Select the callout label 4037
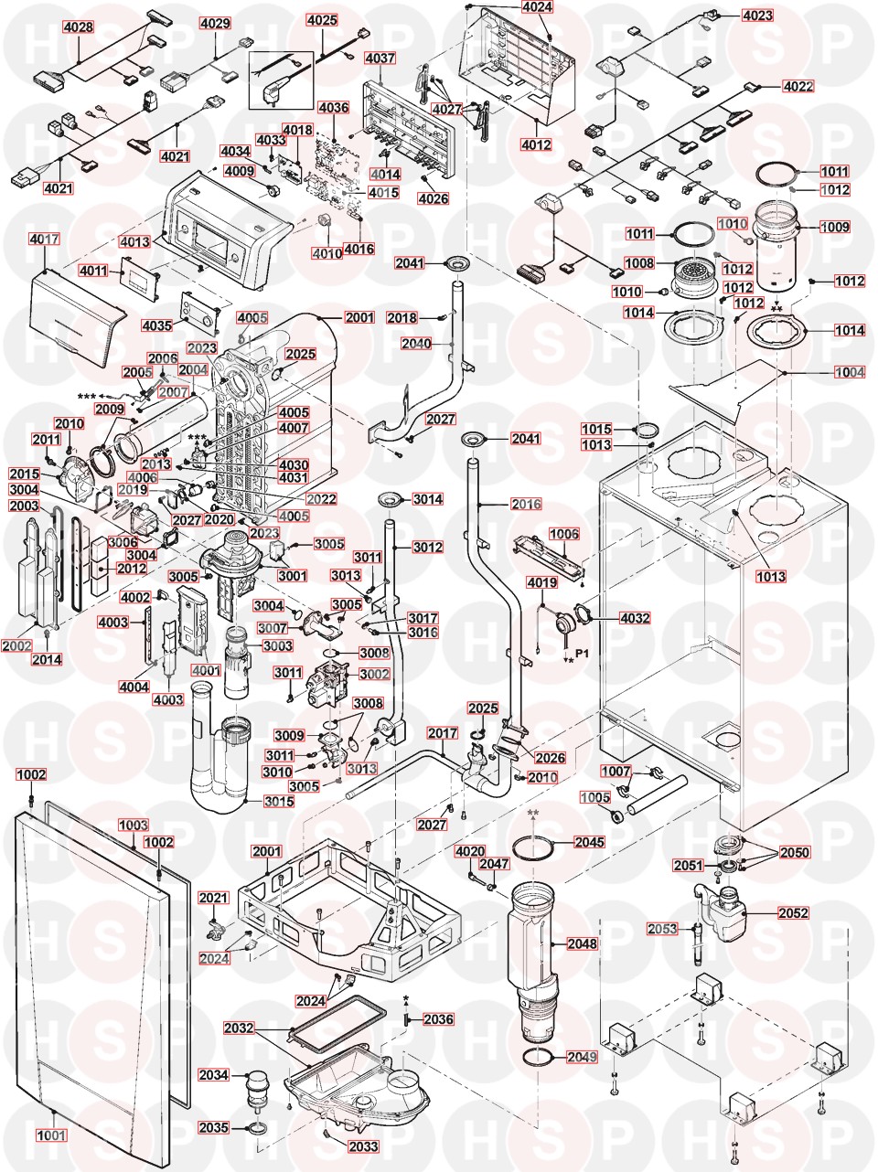(x=380, y=59)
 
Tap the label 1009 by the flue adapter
(x=834, y=227)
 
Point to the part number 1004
(x=849, y=373)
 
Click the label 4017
(x=44, y=240)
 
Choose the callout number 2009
(x=109, y=409)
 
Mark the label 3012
(x=427, y=548)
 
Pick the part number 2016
(x=526, y=504)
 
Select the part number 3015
(x=279, y=802)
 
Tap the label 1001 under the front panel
(x=51, y=1135)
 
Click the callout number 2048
(x=582, y=943)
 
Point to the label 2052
(x=793, y=912)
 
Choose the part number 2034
(x=213, y=1075)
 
